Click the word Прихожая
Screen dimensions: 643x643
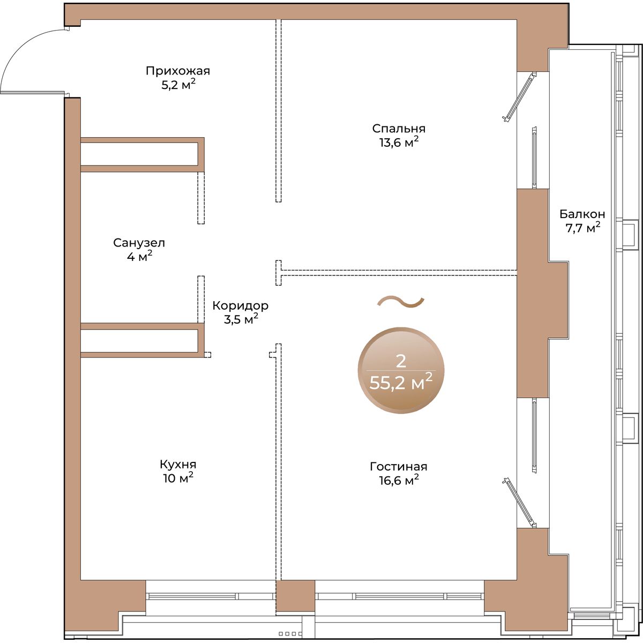(178, 71)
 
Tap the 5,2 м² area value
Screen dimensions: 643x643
(178, 85)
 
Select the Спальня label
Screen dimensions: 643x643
(399, 129)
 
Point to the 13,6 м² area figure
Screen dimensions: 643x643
(399, 143)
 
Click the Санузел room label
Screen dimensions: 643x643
(139, 243)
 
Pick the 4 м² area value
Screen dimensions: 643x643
(139, 257)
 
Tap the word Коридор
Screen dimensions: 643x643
(241, 305)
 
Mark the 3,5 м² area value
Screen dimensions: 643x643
(241, 319)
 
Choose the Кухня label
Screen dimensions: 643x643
(178, 464)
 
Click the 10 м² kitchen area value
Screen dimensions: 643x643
(178, 478)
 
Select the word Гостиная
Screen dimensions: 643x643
(399, 467)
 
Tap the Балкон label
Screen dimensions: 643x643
(582, 214)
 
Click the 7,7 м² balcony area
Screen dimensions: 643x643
(582, 228)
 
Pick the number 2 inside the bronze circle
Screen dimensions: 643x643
(401, 361)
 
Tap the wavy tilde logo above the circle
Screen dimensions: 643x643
(401, 302)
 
